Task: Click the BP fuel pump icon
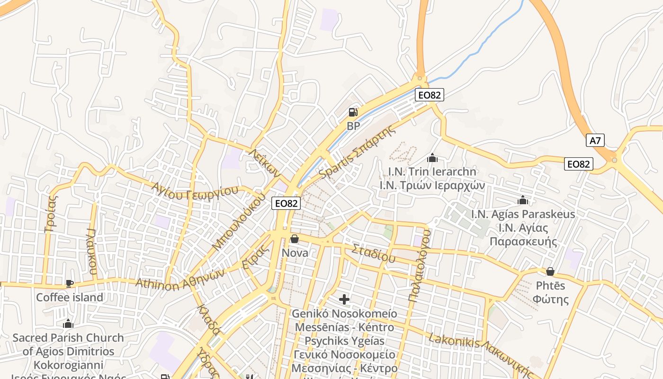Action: point(353,112)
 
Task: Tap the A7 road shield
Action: point(595,140)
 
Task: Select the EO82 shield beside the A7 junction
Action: point(579,164)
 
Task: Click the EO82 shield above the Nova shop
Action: point(287,204)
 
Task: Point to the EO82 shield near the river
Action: point(430,95)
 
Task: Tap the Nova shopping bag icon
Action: point(295,238)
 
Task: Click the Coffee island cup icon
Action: point(70,283)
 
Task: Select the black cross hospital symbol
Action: point(344,299)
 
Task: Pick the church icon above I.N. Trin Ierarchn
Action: point(432,158)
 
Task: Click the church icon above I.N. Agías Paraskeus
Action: point(523,200)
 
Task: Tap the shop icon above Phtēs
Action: point(550,271)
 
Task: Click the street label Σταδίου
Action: point(374,253)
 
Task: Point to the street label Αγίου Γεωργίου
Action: point(195,189)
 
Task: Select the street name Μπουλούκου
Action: point(238,223)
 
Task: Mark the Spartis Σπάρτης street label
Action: point(357,153)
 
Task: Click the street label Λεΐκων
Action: point(265,162)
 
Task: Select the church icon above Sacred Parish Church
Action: point(68,324)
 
